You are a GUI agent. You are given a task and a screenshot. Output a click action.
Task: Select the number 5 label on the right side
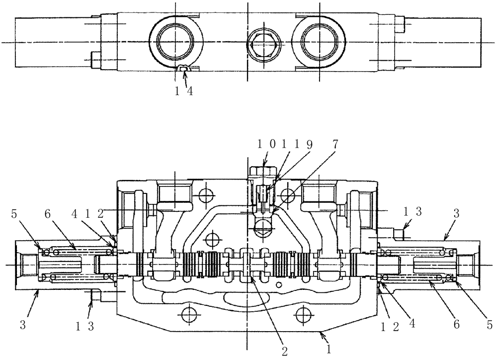489,324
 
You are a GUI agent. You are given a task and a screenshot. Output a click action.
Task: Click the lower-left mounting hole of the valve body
188,314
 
